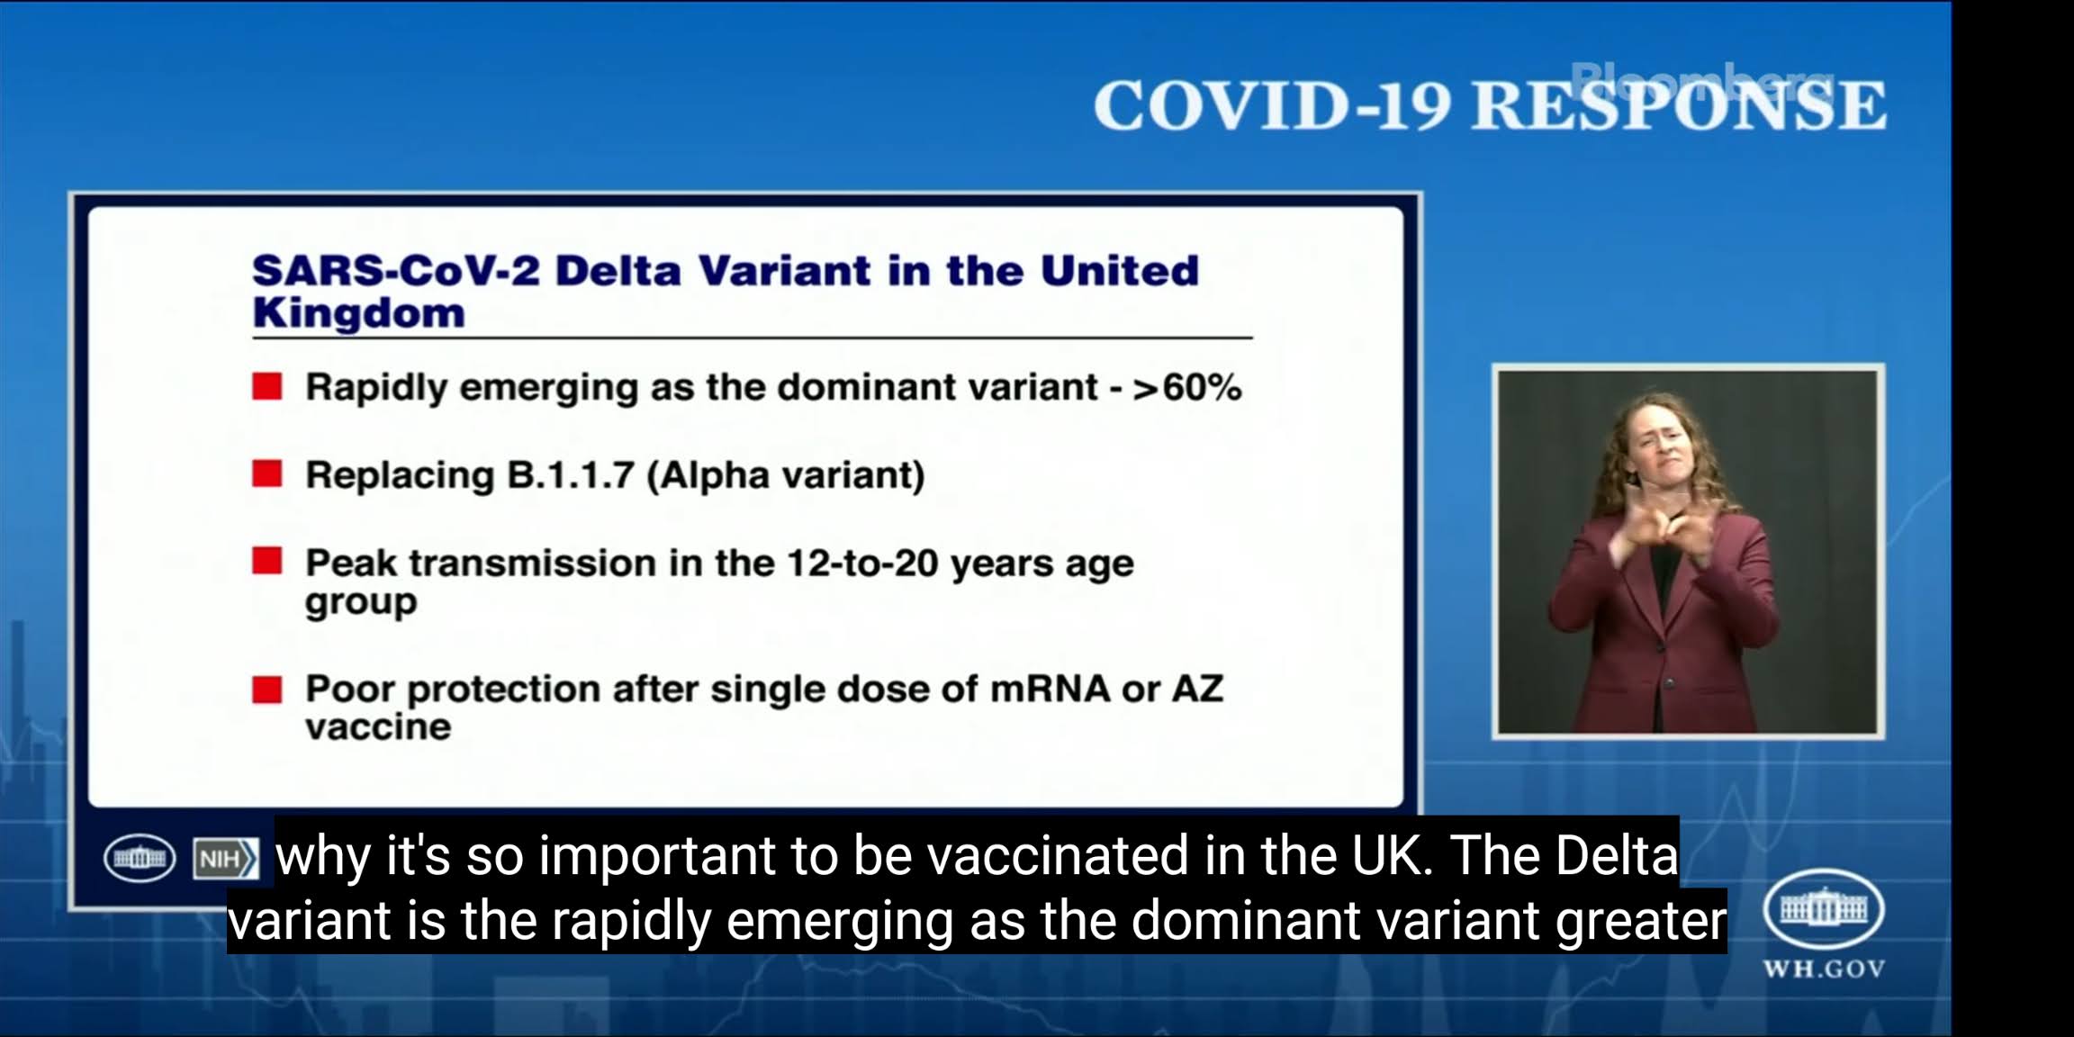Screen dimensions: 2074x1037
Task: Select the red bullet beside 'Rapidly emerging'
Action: pyautogui.click(x=267, y=387)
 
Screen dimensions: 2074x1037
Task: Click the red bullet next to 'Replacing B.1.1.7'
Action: pyautogui.click(x=267, y=473)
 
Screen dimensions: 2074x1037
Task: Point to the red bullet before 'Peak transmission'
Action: pyautogui.click(x=267, y=561)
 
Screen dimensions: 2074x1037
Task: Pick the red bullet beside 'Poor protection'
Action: pyautogui.click(x=267, y=690)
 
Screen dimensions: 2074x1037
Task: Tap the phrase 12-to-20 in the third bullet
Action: pyautogui.click(x=862, y=563)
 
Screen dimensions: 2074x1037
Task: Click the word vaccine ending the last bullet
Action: pyautogui.click(x=378, y=727)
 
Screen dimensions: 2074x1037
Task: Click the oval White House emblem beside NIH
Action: pyautogui.click(x=140, y=858)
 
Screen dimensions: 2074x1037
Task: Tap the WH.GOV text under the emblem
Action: pyautogui.click(x=1824, y=969)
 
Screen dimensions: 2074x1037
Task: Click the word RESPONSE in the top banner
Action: pyautogui.click(x=1679, y=105)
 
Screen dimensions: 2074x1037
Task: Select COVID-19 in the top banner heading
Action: pyautogui.click(x=1272, y=105)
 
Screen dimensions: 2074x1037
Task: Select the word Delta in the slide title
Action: pyautogui.click(x=618, y=271)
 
